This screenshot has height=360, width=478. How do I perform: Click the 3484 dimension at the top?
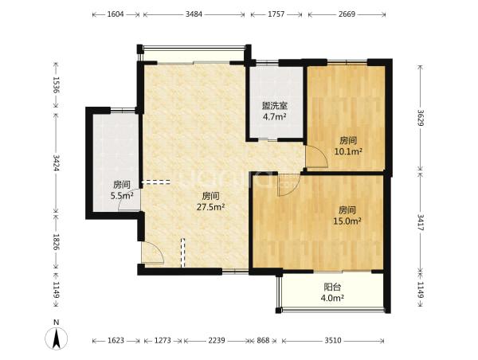194,14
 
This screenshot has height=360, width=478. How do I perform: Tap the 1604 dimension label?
116,14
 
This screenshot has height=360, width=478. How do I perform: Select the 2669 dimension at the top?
347,14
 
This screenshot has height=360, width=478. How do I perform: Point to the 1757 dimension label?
276,14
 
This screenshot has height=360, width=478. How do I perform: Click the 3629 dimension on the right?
421,118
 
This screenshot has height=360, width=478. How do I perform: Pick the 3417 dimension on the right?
421,222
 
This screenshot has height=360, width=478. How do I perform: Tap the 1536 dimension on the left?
57,84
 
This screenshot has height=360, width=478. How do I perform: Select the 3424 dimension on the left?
57,163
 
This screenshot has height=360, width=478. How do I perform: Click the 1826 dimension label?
57,242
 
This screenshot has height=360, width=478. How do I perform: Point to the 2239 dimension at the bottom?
217,340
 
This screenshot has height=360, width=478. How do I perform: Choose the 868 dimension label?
263,340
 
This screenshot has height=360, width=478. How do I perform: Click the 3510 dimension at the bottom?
332,340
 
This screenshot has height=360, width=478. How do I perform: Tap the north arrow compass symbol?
56,338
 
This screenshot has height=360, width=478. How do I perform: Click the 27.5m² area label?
211,207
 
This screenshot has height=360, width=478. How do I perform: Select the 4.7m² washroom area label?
275,117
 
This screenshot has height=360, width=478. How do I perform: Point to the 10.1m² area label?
348,151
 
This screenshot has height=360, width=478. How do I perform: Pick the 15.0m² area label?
347,221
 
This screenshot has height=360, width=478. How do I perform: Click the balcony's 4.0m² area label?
332,298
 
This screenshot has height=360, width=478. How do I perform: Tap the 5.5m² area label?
122,195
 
